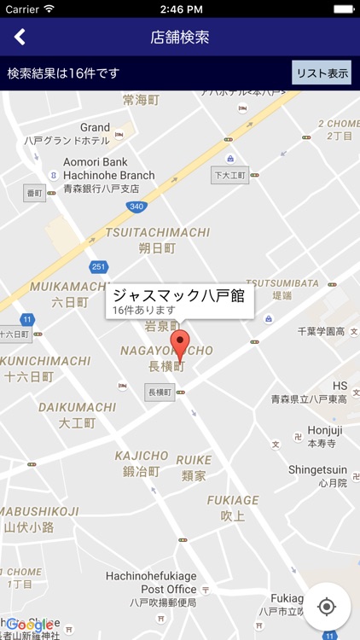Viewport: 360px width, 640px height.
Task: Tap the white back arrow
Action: [x=20, y=37]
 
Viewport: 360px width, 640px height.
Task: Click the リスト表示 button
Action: [x=321, y=73]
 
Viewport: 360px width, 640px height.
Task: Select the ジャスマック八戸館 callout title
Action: [x=179, y=296]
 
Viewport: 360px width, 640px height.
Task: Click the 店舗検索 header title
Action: [x=180, y=38]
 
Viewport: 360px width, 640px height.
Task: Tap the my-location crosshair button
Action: [x=326, y=606]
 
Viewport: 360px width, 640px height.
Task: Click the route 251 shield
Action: [x=99, y=266]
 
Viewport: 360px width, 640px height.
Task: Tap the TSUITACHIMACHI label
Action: [x=157, y=232]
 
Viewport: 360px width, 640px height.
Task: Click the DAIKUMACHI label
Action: [x=77, y=407]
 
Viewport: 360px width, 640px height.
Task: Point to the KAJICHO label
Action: [x=142, y=456]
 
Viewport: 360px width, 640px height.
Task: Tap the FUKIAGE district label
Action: [x=233, y=500]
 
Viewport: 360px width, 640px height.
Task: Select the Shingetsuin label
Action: [x=317, y=468]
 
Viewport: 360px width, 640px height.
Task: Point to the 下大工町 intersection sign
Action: [x=229, y=175]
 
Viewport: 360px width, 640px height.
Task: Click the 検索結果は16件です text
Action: [x=64, y=73]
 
